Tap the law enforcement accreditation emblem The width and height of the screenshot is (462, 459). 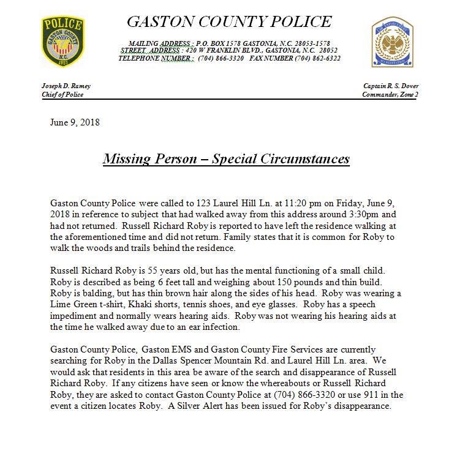click(392, 42)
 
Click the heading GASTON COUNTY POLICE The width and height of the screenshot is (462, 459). click(229, 22)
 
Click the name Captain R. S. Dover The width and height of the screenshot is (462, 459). click(390, 86)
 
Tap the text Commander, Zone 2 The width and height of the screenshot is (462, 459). click(390, 94)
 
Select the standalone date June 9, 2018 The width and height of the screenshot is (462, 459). click(75, 122)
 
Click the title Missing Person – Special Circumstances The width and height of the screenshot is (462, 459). click(226, 159)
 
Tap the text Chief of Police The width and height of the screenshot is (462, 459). click(62, 94)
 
